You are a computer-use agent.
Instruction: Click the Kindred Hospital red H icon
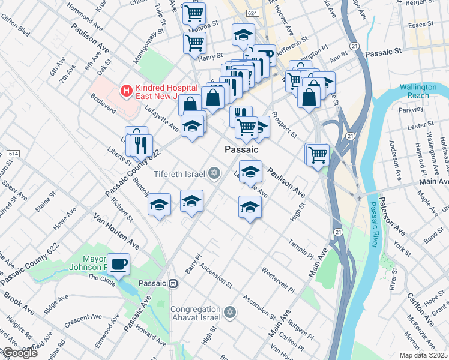point(126,91)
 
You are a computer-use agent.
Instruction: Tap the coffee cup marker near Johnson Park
point(118,264)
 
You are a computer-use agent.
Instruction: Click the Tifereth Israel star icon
point(213,174)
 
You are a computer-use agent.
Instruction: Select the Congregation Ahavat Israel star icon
point(229,312)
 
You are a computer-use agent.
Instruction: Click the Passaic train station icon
point(173,283)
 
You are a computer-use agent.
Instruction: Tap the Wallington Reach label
point(418,91)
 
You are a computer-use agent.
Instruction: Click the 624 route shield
point(253,13)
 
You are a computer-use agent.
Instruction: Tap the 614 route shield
point(13,154)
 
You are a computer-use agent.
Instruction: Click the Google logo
point(19,353)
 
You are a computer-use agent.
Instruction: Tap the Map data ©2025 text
point(424,355)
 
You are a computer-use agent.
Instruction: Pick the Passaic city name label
point(241,149)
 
